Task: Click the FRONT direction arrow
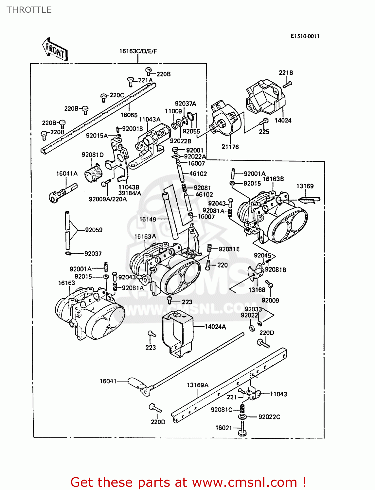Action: click(55, 50)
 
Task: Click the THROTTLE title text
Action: click(29, 10)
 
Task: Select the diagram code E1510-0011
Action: click(305, 36)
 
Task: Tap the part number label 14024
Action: click(283, 121)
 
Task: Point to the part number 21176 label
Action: click(230, 147)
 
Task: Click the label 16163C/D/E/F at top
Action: click(138, 51)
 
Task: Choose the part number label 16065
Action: click(129, 115)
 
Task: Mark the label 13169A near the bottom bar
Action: click(198, 385)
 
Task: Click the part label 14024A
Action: click(215, 327)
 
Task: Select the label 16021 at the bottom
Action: click(223, 428)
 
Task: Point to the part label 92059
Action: click(94, 230)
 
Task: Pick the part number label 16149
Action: click(148, 220)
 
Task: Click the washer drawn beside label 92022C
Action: click(243, 417)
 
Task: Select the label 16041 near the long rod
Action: click(108, 381)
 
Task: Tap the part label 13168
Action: click(257, 290)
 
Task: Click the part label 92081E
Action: click(229, 249)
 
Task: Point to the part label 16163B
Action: click(273, 179)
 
